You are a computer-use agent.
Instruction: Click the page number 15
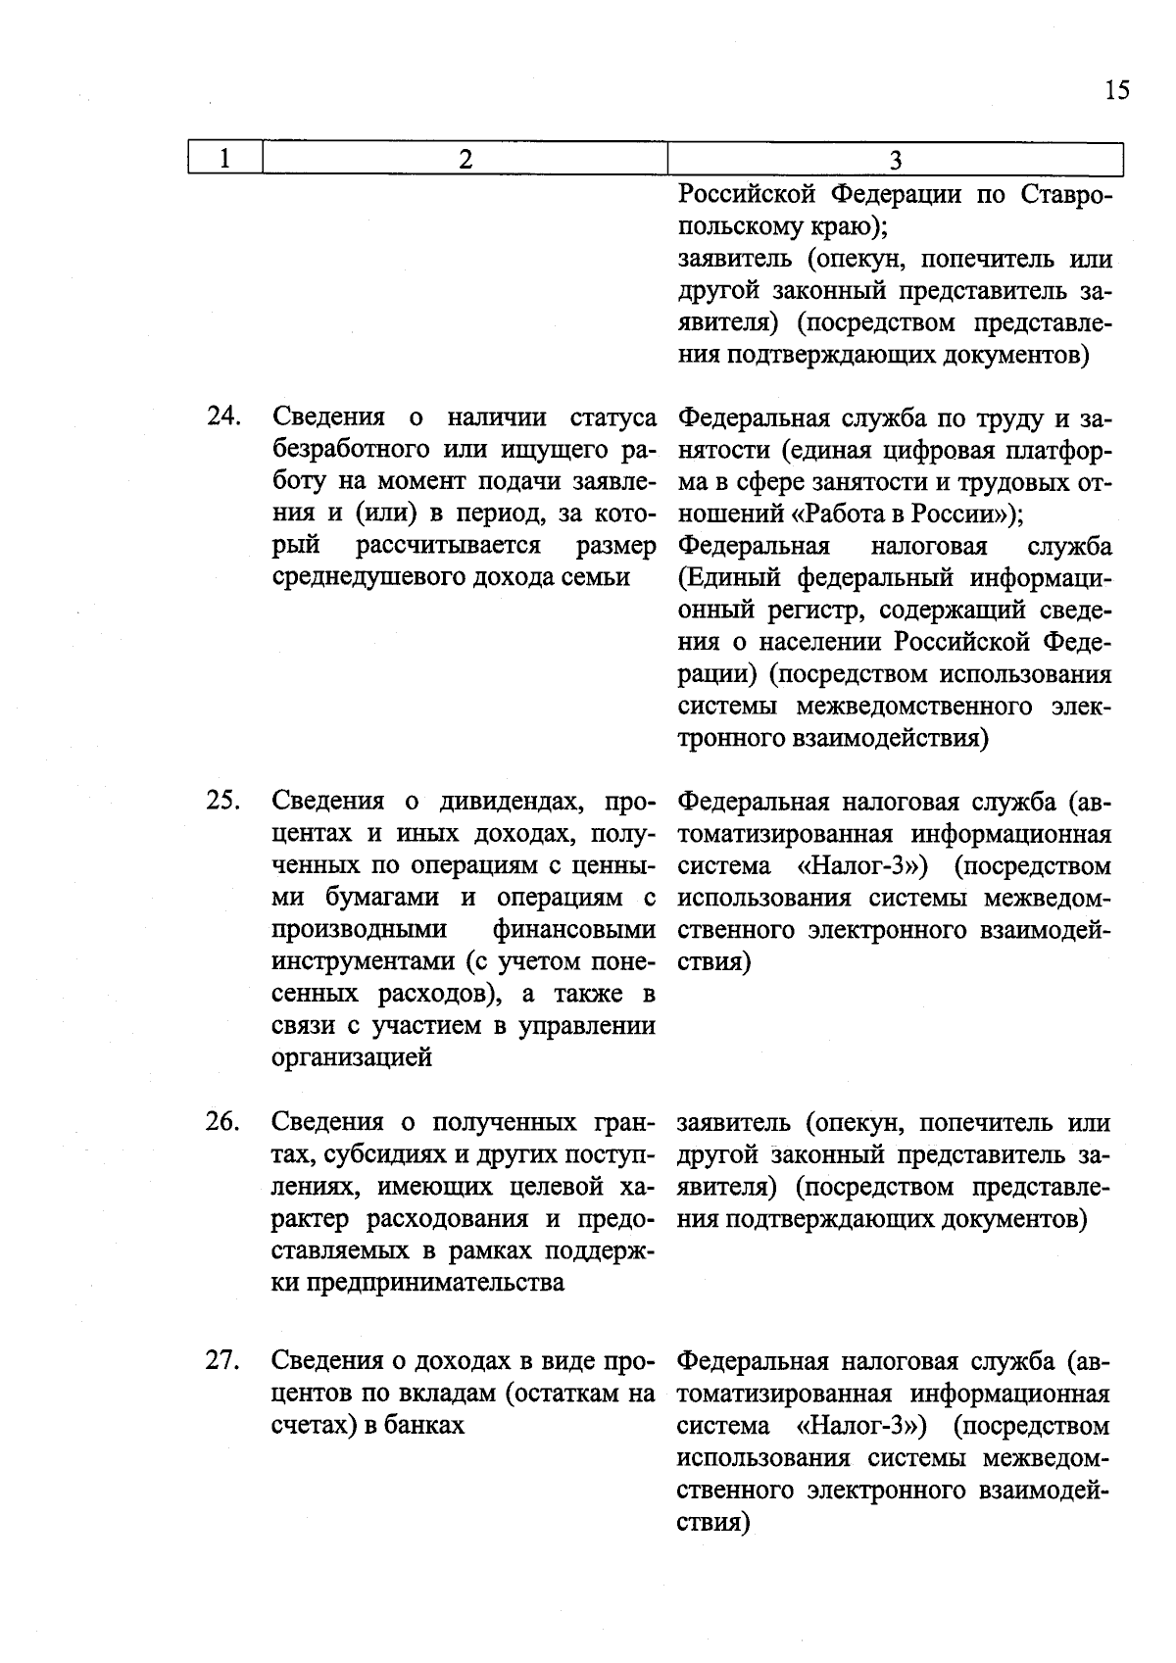1116,90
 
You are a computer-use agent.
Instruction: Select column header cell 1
225,159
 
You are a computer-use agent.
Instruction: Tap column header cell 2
465,159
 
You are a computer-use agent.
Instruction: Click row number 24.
223,416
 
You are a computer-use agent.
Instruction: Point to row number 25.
223,800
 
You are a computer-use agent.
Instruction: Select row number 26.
223,1120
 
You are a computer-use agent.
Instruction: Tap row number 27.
223,1360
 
